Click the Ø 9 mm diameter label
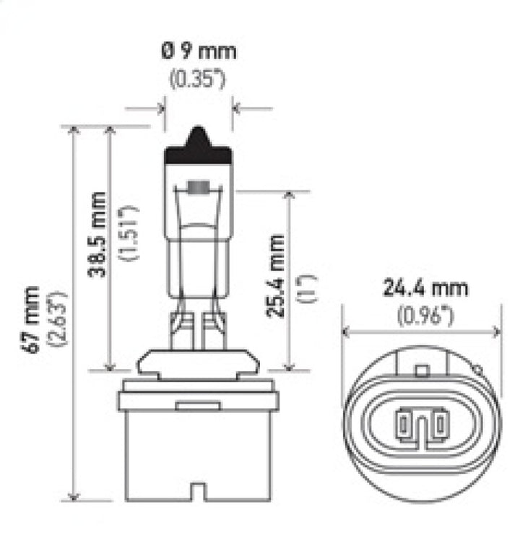198,52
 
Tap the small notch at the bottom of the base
199,495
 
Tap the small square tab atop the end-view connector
422,370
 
